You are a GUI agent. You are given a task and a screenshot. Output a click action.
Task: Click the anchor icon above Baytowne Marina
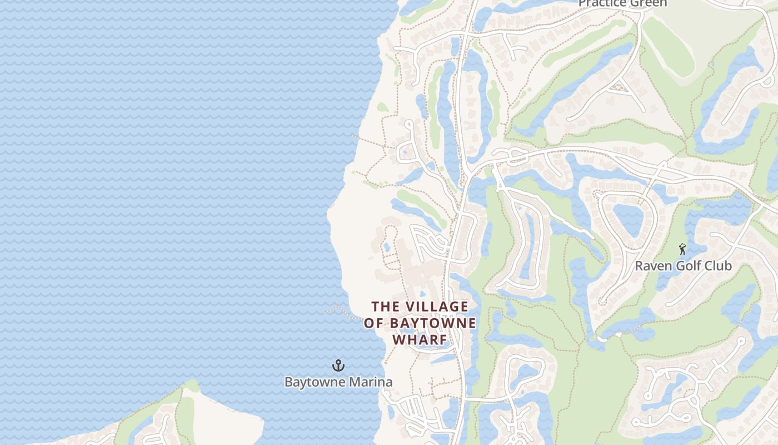(x=338, y=365)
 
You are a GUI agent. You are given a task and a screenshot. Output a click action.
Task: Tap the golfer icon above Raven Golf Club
(x=682, y=249)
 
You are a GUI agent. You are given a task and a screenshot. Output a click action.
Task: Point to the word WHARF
(x=420, y=339)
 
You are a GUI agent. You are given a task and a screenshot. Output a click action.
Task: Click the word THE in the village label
(x=384, y=306)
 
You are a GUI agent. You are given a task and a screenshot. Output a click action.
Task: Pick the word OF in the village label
(x=375, y=323)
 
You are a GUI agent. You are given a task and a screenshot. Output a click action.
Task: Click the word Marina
(x=371, y=382)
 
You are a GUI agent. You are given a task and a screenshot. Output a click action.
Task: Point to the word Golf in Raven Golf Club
(x=687, y=266)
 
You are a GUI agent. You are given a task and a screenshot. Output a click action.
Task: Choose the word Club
(x=718, y=266)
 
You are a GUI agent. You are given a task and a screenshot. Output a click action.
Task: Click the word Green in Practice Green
(x=649, y=3)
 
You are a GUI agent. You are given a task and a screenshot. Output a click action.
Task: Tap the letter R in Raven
(x=639, y=266)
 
